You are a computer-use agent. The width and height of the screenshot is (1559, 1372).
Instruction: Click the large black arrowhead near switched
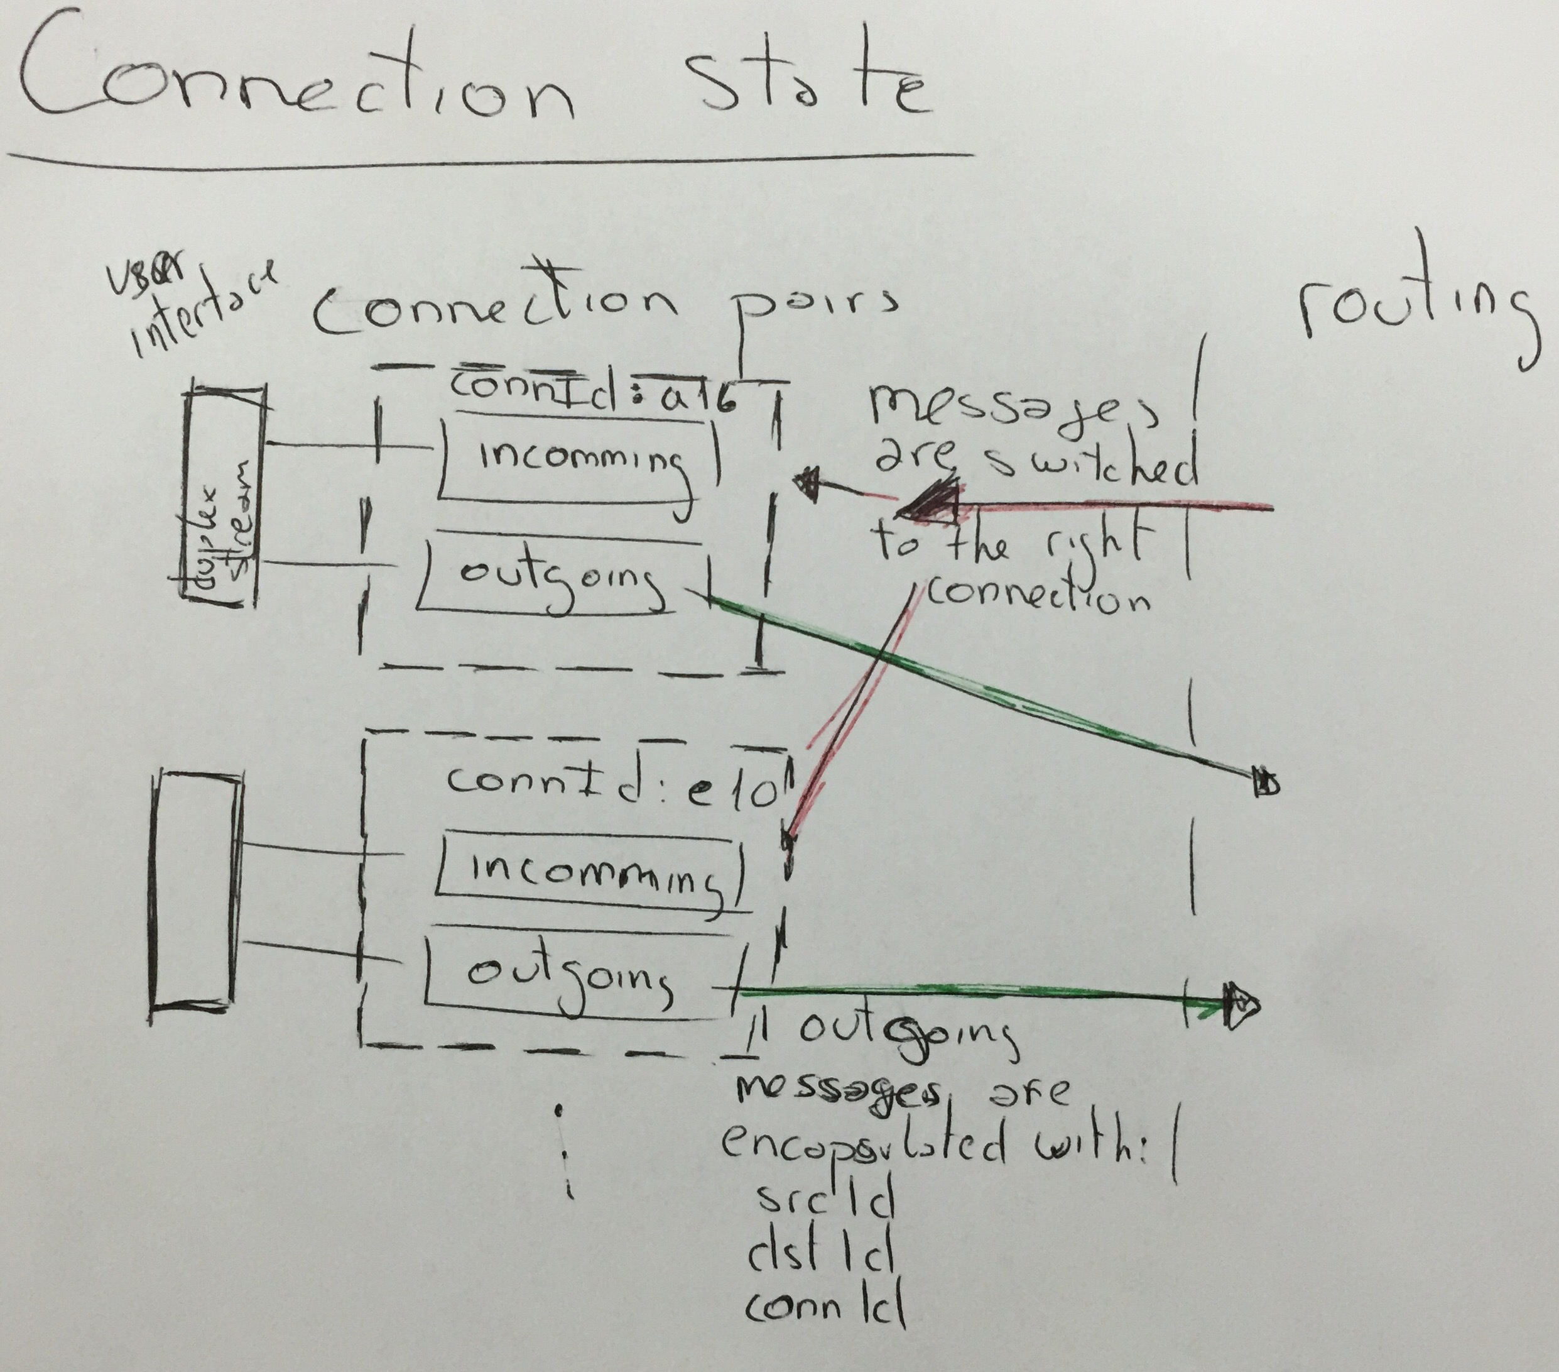[930, 503]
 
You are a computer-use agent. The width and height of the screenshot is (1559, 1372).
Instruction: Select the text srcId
[823, 1202]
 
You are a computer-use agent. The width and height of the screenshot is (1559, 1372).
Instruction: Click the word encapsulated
[862, 1144]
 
